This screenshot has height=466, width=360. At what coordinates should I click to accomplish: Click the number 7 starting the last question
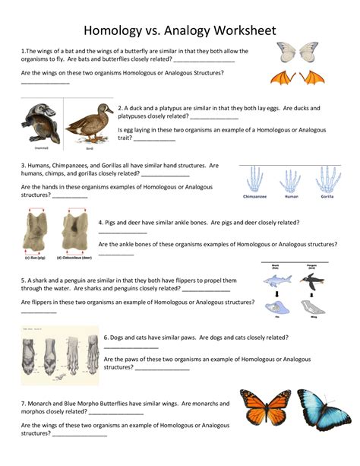[23, 403]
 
